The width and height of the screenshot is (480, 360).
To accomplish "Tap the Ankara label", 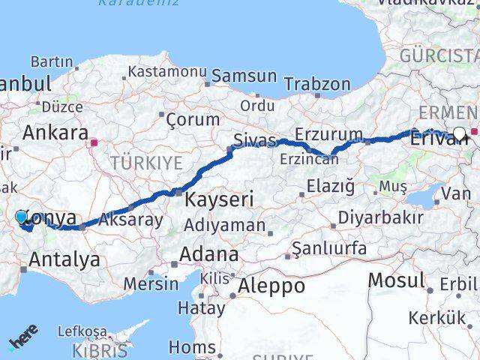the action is (x=55, y=133).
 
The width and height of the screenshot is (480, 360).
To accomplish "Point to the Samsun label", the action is (x=244, y=76).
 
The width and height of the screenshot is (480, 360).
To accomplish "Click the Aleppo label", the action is (x=271, y=286).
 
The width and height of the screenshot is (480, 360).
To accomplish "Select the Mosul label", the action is (x=394, y=280).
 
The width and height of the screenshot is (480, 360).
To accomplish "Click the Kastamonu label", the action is (x=166, y=72).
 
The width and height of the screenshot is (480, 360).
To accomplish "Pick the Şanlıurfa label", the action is (x=329, y=248).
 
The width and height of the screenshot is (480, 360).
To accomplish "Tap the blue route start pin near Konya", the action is (x=22, y=217).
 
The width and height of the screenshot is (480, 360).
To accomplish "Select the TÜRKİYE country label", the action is (x=146, y=163).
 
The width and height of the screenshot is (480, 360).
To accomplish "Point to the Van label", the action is (x=456, y=193).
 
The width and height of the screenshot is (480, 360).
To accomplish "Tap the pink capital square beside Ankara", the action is (x=94, y=140).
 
